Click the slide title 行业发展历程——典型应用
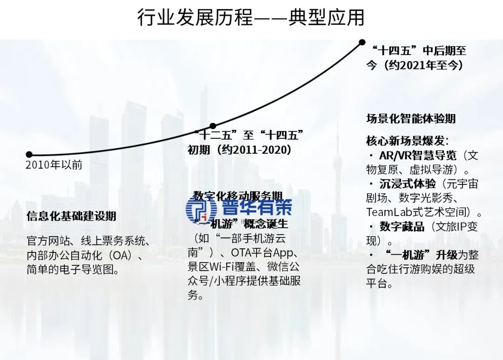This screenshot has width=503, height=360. [251, 18]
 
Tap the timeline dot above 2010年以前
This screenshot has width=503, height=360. [29, 154]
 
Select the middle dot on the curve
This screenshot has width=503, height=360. [213, 126]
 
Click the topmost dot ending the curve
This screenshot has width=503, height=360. [362, 42]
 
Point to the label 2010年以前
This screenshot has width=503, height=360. [54, 165]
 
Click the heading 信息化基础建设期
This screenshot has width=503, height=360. [71, 216]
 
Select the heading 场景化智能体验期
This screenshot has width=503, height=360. [411, 119]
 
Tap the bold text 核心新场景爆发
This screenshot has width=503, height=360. [406, 141]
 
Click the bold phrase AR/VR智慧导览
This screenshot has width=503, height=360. [418, 156]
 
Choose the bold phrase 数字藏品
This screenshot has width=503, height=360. [402, 227]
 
